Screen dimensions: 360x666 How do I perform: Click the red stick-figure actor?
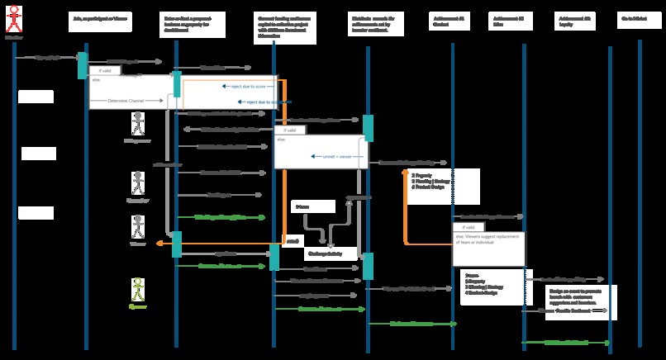(14, 19)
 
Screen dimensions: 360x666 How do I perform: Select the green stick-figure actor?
(138, 290)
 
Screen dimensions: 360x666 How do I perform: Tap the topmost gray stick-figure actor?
(138, 124)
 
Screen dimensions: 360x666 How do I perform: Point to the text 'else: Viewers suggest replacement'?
(488, 239)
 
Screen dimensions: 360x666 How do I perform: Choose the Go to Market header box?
(638, 17)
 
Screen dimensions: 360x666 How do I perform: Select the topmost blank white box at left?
(36, 97)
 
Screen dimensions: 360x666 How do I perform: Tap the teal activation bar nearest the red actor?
(83, 66)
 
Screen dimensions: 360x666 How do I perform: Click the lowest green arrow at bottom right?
(566, 342)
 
